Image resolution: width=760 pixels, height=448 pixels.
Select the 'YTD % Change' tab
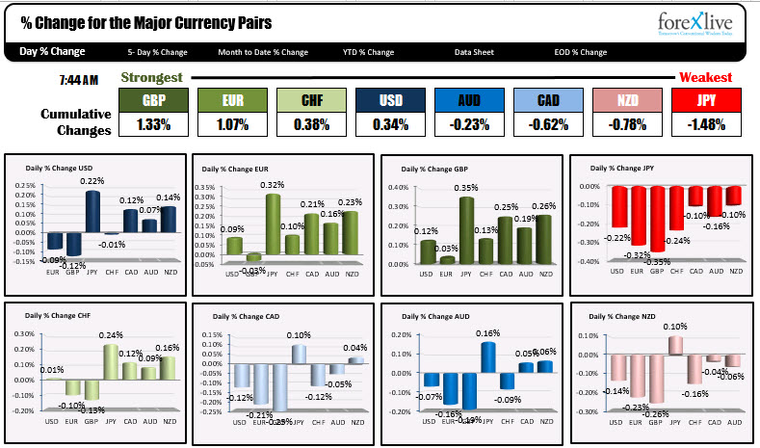tap(368, 52)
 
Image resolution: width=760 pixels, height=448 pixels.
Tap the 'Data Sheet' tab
tap(474, 52)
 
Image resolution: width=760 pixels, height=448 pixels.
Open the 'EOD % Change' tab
tap(581, 52)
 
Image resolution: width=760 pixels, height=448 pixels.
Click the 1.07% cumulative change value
tap(233, 124)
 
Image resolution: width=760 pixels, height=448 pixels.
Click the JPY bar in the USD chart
tap(93, 212)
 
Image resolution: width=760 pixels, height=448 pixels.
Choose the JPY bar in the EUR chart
tap(273, 224)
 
